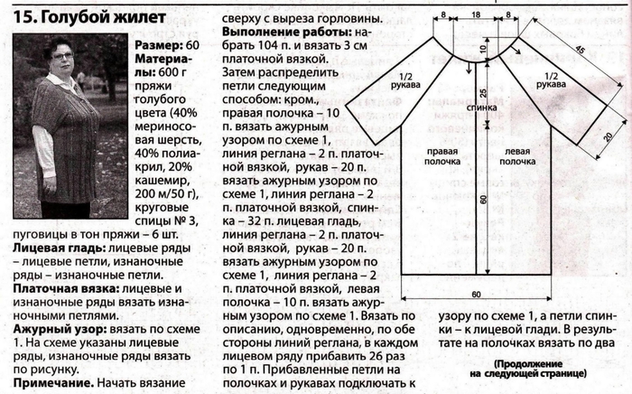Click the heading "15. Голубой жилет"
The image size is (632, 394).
[x=89, y=17]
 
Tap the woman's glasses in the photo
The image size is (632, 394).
[x=63, y=56]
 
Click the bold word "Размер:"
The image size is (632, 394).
[x=158, y=45]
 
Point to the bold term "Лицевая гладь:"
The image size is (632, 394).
[x=59, y=248]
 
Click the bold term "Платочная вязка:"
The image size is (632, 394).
[x=66, y=289]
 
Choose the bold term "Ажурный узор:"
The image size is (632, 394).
[x=60, y=330]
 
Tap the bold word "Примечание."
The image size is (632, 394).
[x=53, y=383]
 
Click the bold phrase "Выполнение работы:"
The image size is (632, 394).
[x=288, y=32]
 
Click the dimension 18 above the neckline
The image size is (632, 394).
[x=476, y=14]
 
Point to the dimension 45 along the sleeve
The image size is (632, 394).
[x=580, y=50]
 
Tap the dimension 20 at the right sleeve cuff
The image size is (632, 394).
[x=609, y=136]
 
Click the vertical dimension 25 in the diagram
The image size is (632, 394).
[x=483, y=93]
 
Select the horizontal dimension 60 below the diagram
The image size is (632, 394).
[x=476, y=295]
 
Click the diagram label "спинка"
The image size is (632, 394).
[x=481, y=108]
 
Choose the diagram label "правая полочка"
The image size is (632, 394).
[x=442, y=156]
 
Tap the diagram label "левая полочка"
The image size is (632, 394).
[x=517, y=156]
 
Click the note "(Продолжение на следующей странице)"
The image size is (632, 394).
[x=528, y=369]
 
